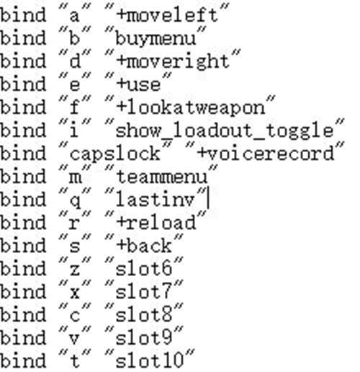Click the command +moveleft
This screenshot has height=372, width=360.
click(167, 15)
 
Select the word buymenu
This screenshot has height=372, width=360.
click(156, 38)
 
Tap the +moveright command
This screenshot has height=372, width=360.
click(173, 62)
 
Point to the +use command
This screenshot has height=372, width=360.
click(138, 85)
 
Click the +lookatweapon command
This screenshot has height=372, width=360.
click(191, 108)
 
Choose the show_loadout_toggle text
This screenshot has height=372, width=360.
click(225, 131)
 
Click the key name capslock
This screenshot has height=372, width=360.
click(114, 154)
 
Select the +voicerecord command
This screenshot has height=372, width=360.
click(266, 154)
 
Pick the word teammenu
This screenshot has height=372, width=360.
click(162, 177)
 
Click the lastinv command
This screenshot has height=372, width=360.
click(156, 200)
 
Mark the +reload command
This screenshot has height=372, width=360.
click(156, 223)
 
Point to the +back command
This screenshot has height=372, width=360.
click(144, 246)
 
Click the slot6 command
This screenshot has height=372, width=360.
click(144, 269)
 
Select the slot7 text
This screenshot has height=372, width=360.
click(144, 292)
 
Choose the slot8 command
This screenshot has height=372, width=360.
click(144, 315)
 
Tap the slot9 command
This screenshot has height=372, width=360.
click(144, 338)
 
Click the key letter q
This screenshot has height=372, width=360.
click(75, 201)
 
